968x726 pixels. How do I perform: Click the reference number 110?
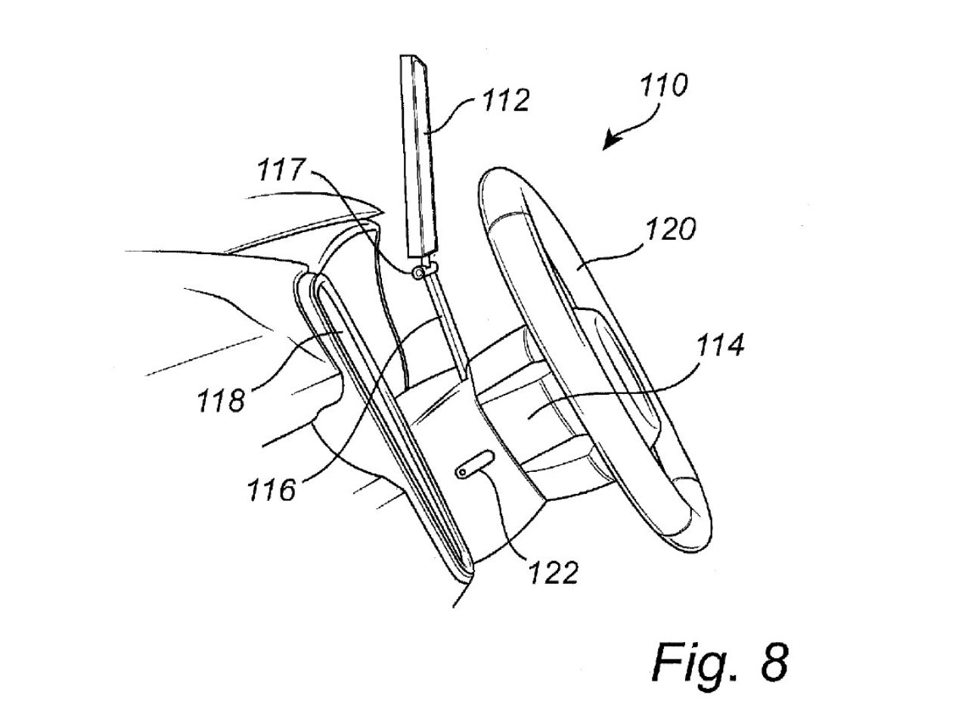pos(663,85)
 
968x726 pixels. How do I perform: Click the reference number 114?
pos(719,346)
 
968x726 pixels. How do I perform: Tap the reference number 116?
pos(271,490)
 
